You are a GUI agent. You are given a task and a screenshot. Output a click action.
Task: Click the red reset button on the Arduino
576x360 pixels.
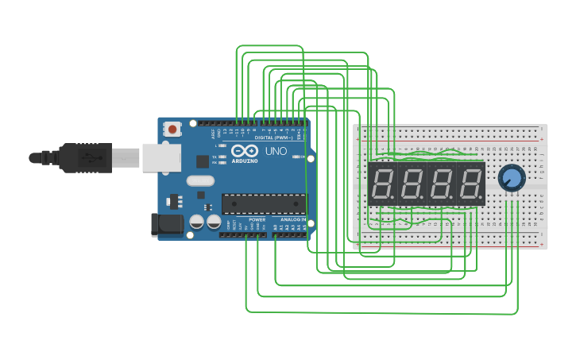click(x=172, y=127)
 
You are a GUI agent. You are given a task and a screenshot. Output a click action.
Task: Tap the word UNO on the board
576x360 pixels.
click(x=276, y=151)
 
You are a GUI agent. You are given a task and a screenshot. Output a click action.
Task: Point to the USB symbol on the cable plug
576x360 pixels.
click(x=93, y=157)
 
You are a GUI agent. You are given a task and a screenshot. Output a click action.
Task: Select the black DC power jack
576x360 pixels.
click(x=167, y=224)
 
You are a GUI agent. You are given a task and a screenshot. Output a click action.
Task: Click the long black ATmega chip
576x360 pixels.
click(x=263, y=203)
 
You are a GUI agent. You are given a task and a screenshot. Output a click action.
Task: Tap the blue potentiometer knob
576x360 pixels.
click(x=512, y=178)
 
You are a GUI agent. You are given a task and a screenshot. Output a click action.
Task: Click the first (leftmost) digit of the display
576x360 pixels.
click(x=383, y=184)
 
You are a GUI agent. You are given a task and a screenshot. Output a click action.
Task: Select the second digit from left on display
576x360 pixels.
click(x=412, y=184)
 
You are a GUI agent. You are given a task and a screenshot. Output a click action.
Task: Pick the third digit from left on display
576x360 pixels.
click(x=441, y=184)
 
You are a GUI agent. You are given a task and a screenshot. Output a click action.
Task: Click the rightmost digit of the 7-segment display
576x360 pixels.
click(x=470, y=184)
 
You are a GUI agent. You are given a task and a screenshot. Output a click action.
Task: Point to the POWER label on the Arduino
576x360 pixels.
click(x=257, y=219)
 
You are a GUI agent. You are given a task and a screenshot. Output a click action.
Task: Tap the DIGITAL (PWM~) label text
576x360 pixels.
click(x=269, y=137)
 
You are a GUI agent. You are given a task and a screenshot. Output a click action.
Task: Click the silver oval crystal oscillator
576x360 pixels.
click(x=201, y=180)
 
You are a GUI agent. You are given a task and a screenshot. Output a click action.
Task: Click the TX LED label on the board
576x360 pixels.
click(x=215, y=156)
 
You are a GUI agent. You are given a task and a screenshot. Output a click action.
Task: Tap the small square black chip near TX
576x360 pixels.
click(x=203, y=161)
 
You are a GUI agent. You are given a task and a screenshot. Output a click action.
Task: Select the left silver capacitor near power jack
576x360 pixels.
click(x=196, y=223)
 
